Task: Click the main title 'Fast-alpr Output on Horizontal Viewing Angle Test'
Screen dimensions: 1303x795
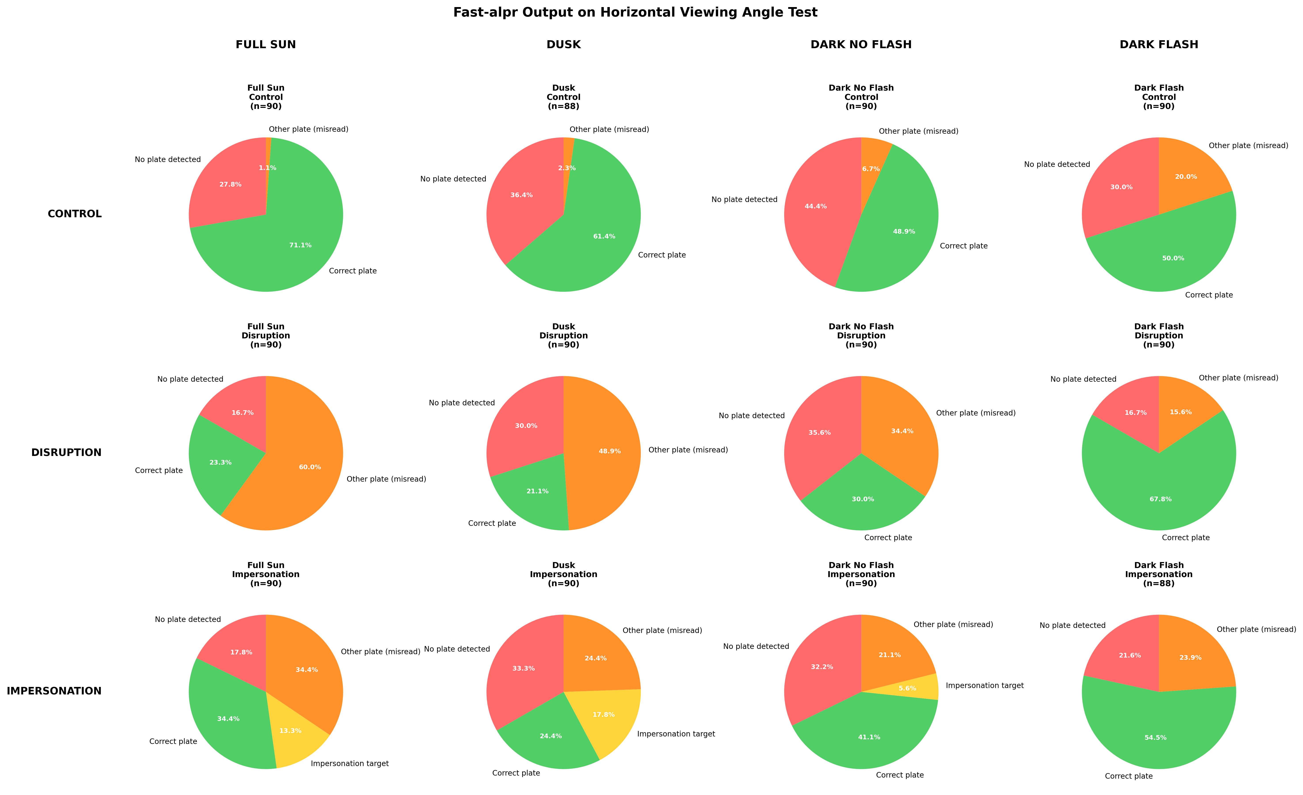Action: [635, 12]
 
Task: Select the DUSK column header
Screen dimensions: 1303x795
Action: [564, 44]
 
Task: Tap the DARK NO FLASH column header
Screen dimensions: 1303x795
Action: [861, 44]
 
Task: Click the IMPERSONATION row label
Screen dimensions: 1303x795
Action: [54, 691]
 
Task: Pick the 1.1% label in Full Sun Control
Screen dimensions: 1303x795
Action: [268, 168]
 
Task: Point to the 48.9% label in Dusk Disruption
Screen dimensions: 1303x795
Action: [610, 451]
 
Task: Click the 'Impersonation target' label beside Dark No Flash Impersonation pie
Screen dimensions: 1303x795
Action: [985, 686]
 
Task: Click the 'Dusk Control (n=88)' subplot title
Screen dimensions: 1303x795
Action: [564, 97]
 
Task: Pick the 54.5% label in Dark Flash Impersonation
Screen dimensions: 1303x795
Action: [1155, 737]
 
